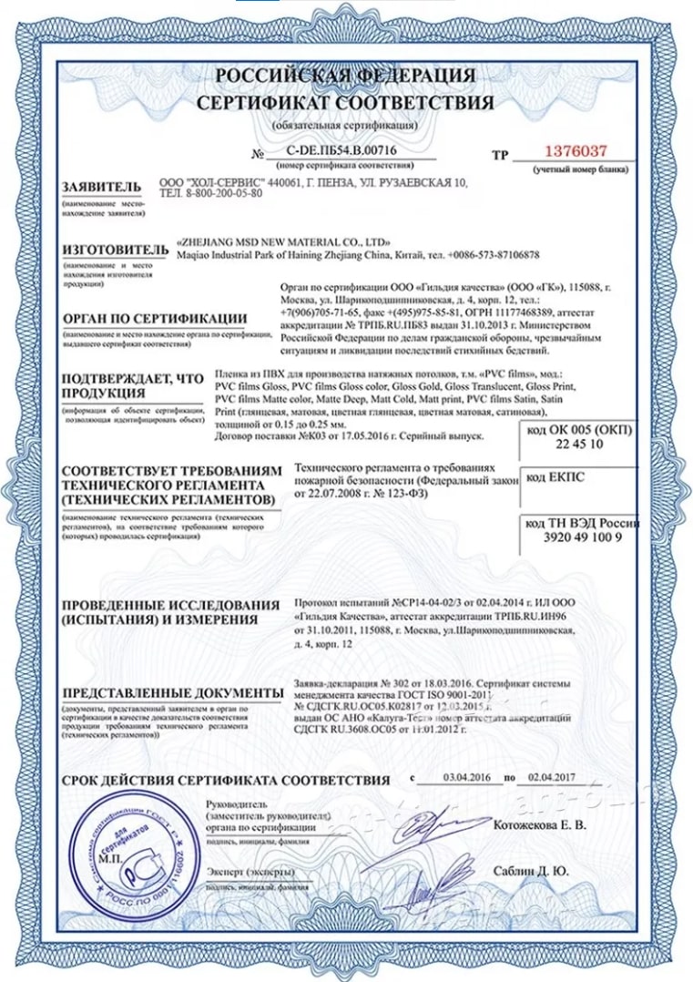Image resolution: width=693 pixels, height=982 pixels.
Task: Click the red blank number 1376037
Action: [575, 151]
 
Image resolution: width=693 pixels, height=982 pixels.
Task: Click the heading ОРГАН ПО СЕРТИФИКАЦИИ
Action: [154, 319]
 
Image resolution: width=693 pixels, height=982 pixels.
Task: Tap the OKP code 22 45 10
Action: [580, 445]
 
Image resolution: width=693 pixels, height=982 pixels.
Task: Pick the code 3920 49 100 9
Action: [581, 537]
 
